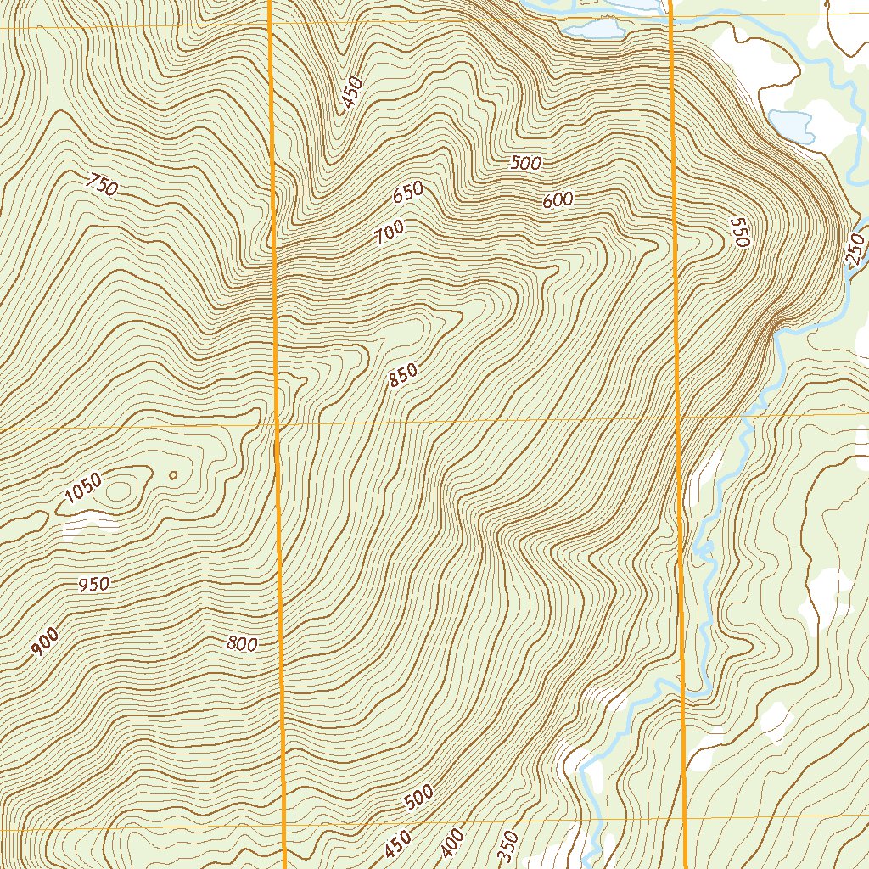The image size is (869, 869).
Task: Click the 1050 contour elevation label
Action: click(x=82, y=489)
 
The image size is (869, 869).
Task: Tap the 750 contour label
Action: click(x=102, y=184)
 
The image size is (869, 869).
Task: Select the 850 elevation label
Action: click(x=403, y=375)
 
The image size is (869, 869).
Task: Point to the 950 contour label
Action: click(x=93, y=585)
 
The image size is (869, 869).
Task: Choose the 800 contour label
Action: click(x=242, y=644)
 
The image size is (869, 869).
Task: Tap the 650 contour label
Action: click(x=407, y=193)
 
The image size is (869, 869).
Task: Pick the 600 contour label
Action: click(x=558, y=200)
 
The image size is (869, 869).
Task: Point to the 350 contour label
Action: click(x=507, y=844)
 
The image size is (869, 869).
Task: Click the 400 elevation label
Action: click(x=453, y=842)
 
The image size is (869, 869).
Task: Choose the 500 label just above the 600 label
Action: click(x=526, y=163)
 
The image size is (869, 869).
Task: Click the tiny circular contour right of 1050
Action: click(x=173, y=475)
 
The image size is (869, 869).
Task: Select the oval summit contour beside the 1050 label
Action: click(x=121, y=489)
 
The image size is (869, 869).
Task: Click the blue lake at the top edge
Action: click(x=594, y=29)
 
